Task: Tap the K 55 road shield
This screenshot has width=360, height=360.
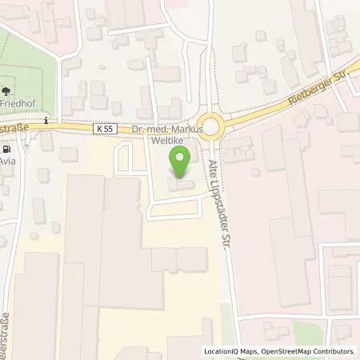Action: tap(103, 128)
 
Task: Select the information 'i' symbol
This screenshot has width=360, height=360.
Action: tap(47, 122)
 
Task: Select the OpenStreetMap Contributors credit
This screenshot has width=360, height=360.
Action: tap(307, 351)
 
